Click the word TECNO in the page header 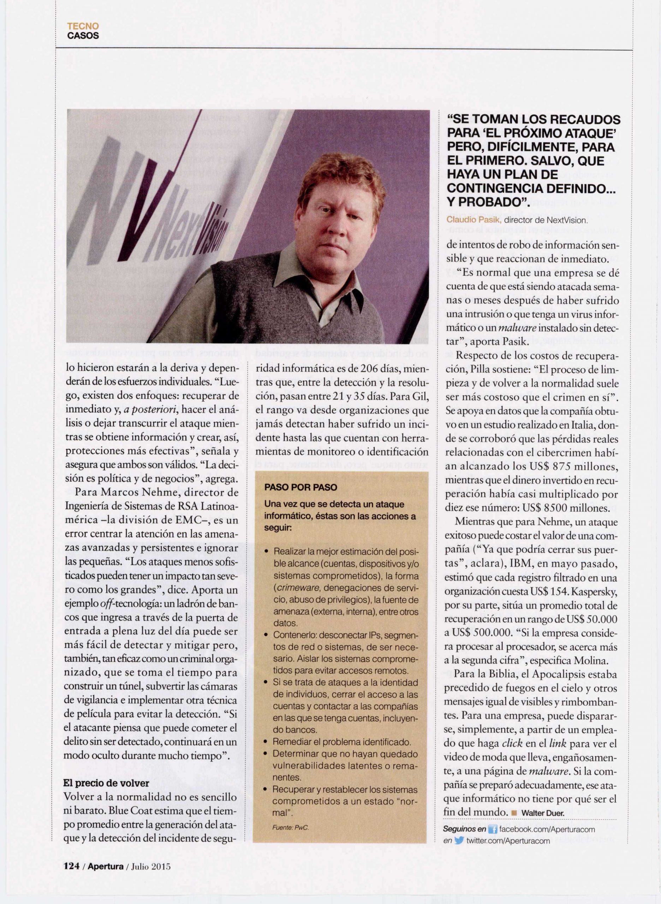83,26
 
